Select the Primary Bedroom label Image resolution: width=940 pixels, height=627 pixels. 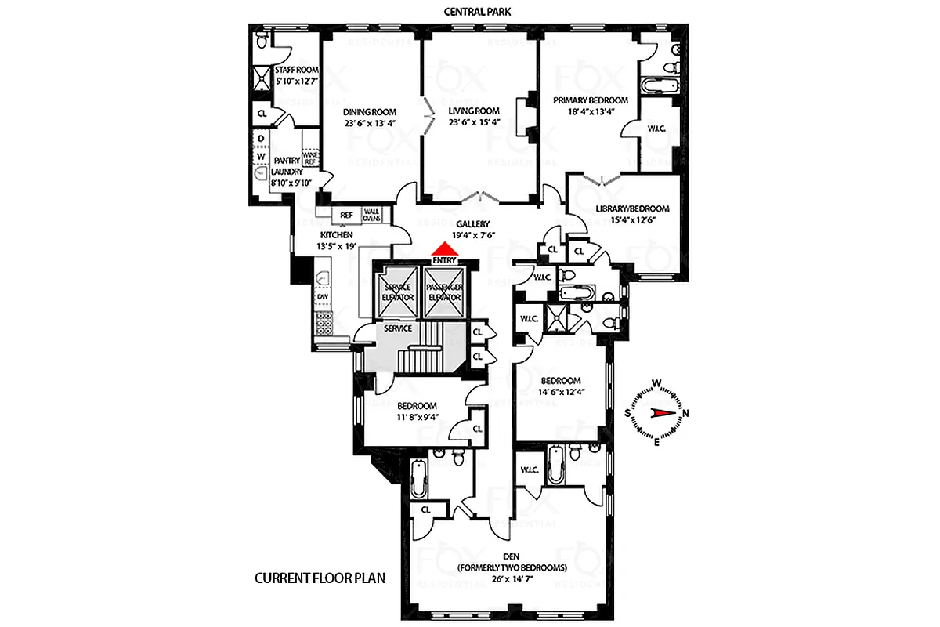(x=591, y=100)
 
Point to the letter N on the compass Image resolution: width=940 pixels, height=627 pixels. (x=686, y=413)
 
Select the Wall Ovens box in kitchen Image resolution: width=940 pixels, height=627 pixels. (x=371, y=215)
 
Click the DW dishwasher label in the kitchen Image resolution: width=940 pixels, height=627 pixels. (x=321, y=297)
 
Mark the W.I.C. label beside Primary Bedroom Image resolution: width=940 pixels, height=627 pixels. (x=656, y=129)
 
